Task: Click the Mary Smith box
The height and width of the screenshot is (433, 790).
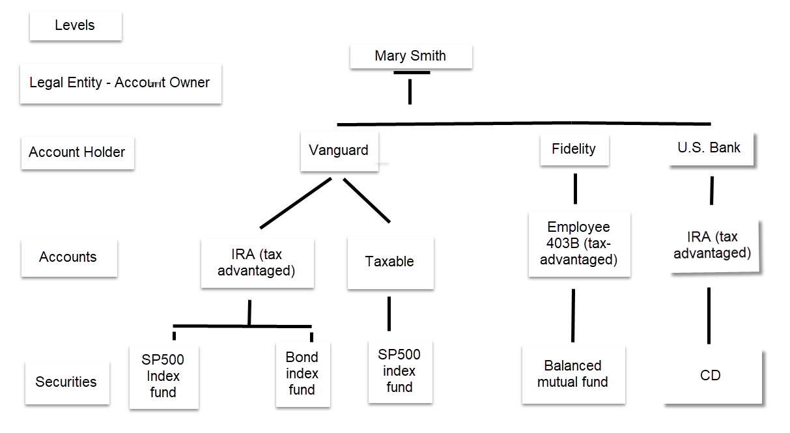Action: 410,56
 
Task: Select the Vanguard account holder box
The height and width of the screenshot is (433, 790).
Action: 339,150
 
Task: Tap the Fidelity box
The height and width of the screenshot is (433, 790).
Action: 574,149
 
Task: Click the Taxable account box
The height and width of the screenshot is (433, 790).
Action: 389,262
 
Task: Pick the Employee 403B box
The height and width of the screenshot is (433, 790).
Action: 579,244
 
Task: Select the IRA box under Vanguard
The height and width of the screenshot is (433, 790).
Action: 257,262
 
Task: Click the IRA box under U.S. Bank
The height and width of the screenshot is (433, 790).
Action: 712,245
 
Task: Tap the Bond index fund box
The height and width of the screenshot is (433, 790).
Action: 302,374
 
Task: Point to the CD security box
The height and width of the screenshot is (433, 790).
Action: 711,376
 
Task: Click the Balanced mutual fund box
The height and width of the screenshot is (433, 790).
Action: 573,374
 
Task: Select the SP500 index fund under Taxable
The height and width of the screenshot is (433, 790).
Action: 399,371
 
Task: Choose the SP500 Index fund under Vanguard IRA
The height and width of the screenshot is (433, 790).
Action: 163,376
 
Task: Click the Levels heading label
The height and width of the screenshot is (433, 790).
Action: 75,25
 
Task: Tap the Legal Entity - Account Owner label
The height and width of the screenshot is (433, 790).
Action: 120,83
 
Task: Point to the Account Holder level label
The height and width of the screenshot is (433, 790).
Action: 77,152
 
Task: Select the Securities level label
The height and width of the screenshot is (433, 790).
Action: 66,382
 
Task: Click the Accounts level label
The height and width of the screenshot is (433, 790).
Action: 68,257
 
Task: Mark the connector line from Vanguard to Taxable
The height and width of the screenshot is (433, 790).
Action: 367,200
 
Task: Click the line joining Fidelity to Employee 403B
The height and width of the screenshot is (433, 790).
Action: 575,189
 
